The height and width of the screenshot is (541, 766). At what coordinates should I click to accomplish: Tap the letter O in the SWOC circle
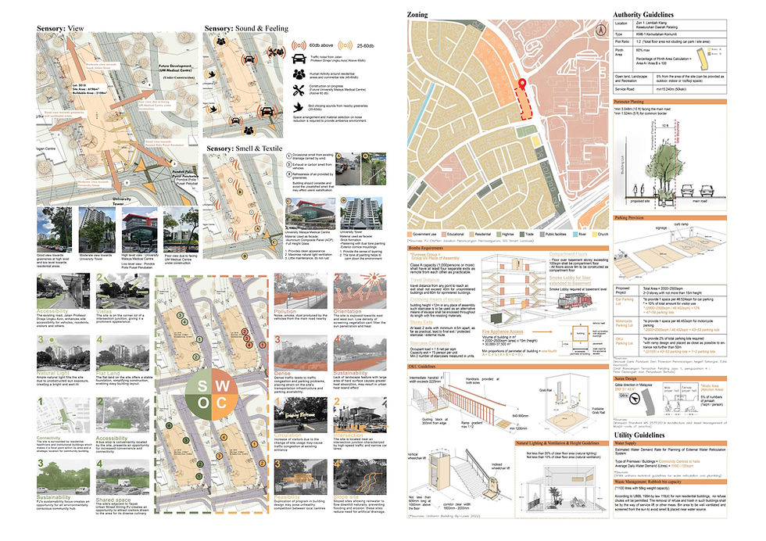coord(202,403)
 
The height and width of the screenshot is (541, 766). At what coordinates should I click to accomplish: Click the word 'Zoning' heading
coord(422,16)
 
